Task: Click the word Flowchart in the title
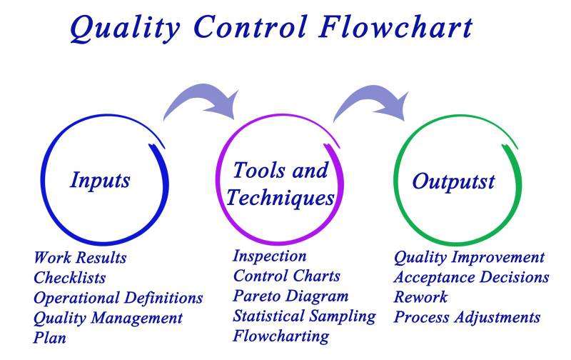point(395,27)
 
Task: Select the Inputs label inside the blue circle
point(100,179)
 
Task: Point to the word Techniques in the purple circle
point(280,197)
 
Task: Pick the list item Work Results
point(80,257)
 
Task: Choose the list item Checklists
point(69,277)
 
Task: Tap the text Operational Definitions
point(118,297)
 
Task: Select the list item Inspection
point(270,256)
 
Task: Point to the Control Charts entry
point(287,276)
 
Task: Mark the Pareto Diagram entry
point(291,296)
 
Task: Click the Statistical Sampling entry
point(304,315)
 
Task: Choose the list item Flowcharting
point(281,335)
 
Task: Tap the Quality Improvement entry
point(469,257)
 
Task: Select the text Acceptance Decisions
point(471,277)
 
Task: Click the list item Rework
point(420,297)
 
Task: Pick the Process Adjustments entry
point(467,317)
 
